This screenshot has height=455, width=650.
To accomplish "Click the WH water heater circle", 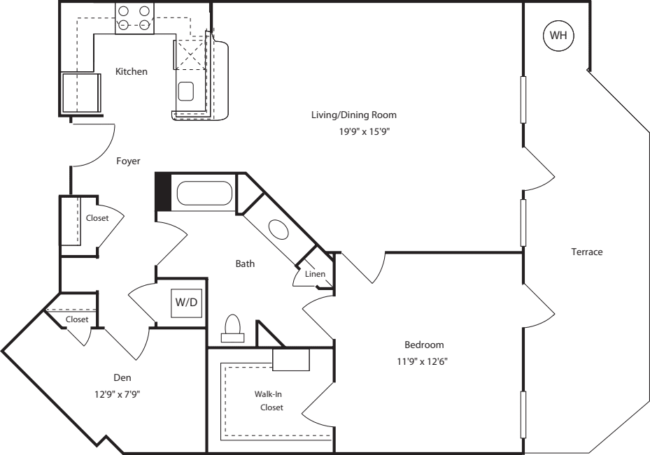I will (x=558, y=36).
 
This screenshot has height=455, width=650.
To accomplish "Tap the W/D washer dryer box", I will (x=186, y=303).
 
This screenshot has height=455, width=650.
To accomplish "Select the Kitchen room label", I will (x=132, y=71).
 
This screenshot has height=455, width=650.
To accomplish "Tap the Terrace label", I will (x=586, y=252).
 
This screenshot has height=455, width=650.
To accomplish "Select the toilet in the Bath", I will (x=232, y=328).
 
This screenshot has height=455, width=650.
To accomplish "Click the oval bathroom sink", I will (x=278, y=231).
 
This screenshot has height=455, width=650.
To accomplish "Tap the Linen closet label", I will (x=315, y=274).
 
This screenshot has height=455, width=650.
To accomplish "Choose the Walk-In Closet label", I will (x=269, y=400).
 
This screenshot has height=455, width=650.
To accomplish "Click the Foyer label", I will (x=128, y=161).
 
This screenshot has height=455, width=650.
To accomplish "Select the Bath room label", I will (x=245, y=264).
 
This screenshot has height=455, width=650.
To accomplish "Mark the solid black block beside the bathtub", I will (x=162, y=192).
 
